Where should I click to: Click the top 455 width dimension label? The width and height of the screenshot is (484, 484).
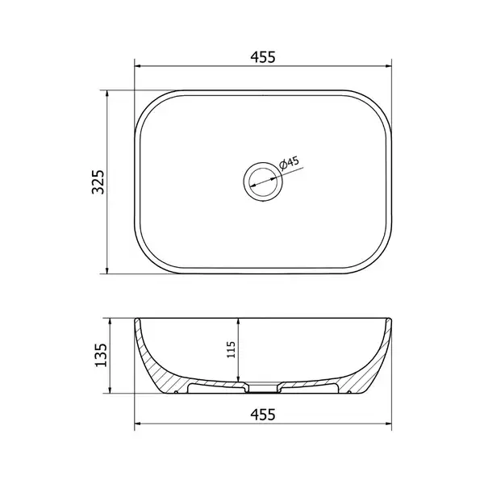pyautogui.click(x=263, y=57)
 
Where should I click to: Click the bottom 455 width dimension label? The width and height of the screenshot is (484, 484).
pyautogui.click(x=263, y=415)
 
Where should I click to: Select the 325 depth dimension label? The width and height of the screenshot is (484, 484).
pyautogui.click(x=98, y=181)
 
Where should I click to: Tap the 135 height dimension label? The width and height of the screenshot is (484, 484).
pyautogui.click(x=101, y=355)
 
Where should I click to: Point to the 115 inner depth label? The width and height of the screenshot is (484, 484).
pyautogui.click(x=232, y=349)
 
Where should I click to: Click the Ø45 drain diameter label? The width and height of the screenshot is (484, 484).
pyautogui.click(x=289, y=163)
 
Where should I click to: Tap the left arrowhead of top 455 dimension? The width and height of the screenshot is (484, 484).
pyautogui.click(x=138, y=66)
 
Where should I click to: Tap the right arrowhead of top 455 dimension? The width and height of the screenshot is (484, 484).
pyautogui.click(x=388, y=66)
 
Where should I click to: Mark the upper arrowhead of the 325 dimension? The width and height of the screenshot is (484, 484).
pyautogui.click(x=107, y=94)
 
